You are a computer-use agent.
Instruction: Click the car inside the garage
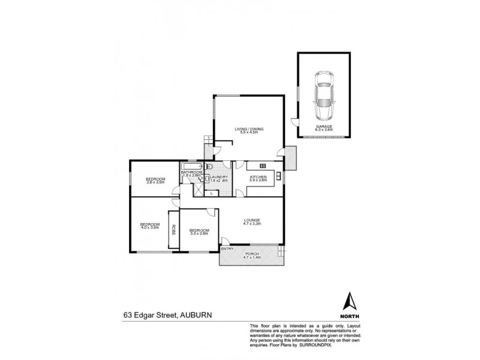click(324, 95)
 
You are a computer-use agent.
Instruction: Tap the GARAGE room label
click(324, 127)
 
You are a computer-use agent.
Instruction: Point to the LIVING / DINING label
click(248, 129)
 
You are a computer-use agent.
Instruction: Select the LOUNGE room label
click(251, 220)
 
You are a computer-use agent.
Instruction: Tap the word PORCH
click(252, 253)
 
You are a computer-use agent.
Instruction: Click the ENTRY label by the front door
click(227, 248)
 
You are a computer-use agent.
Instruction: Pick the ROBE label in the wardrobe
click(174, 229)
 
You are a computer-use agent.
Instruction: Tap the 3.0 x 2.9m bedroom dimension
click(199, 234)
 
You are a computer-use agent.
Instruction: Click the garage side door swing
click(294, 122)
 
